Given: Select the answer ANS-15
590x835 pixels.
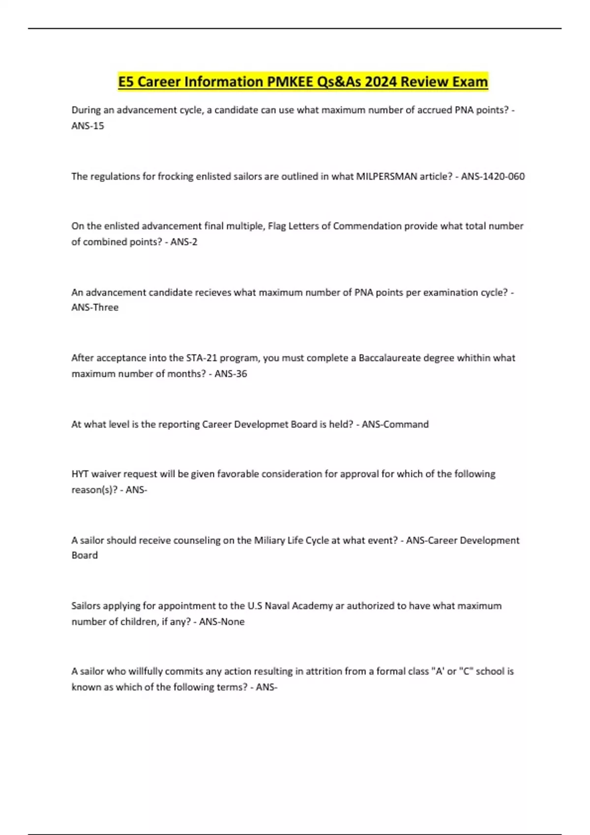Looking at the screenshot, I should coord(88,126).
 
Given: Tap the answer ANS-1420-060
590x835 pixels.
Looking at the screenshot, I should coord(493,176).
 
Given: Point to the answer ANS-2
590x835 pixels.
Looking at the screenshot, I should coord(184,242).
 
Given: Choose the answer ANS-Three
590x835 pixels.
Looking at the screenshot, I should coord(95,307).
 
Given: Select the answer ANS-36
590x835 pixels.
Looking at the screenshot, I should coord(231,374).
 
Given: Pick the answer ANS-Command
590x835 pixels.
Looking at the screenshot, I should coord(395,424).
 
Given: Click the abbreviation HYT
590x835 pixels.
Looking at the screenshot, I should coord(80,474).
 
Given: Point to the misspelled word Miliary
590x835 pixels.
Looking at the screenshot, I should coord(269,540).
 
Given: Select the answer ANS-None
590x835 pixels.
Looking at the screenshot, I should coord(222,622).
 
